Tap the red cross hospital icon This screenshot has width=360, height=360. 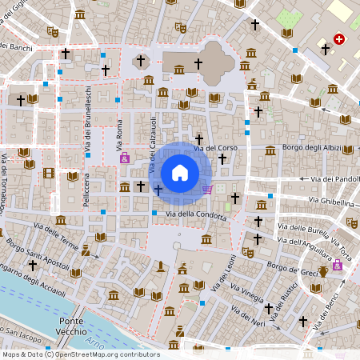pyautogui.click(x=339, y=38)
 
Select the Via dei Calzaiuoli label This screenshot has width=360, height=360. pyautogui.click(x=150, y=143)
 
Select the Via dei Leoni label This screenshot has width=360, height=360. pyautogui.click(x=226, y=277)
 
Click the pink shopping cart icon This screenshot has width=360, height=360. pyautogui.click(x=207, y=190)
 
